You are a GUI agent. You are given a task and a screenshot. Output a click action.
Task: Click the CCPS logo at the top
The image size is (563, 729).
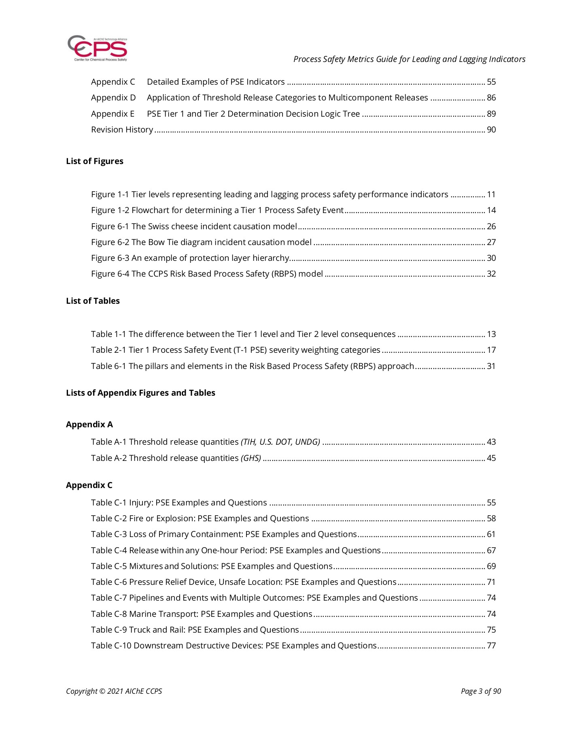97,49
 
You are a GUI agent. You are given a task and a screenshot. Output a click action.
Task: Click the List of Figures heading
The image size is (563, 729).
95,161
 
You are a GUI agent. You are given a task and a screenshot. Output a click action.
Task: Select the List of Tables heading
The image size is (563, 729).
93,301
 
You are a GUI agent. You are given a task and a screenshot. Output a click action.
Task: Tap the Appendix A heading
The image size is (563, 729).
89,424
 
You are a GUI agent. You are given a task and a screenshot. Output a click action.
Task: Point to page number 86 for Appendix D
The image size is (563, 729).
491,98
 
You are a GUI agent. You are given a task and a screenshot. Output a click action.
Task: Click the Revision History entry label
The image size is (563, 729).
122,130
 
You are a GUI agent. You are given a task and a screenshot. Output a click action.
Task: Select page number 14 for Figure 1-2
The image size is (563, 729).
491,210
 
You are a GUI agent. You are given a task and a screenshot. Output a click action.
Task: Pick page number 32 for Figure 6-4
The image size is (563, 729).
491,274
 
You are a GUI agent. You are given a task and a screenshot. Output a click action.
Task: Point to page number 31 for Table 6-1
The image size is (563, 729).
491,366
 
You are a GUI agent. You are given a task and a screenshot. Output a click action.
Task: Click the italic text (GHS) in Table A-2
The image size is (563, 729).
251,458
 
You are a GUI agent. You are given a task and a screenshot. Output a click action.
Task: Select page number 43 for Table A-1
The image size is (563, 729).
491,442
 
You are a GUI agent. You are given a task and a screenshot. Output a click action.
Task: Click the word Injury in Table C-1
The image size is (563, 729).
141,503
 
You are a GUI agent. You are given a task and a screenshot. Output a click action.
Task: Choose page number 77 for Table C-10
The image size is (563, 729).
491,646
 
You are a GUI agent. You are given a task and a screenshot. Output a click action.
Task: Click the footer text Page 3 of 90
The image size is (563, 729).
481,691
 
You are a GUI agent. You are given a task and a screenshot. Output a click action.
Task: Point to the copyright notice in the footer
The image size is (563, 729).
114,691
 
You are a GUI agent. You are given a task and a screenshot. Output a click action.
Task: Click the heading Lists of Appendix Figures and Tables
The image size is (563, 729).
140,393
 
